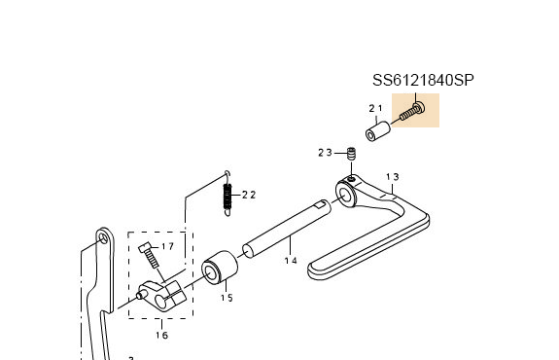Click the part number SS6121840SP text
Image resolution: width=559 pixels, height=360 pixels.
pos(424,81)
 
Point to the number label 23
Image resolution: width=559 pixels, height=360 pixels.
pos(325,153)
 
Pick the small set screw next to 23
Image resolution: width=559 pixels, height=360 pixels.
pos(351,153)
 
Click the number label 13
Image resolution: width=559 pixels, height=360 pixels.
pos(393,177)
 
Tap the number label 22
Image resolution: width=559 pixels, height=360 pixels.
pos(249,195)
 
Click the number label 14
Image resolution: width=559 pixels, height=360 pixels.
pos(290,260)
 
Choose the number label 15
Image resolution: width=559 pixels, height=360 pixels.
pos(226,298)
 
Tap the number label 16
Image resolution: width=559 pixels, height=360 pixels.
pos(161,336)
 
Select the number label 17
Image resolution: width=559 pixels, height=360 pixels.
pos(167,247)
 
